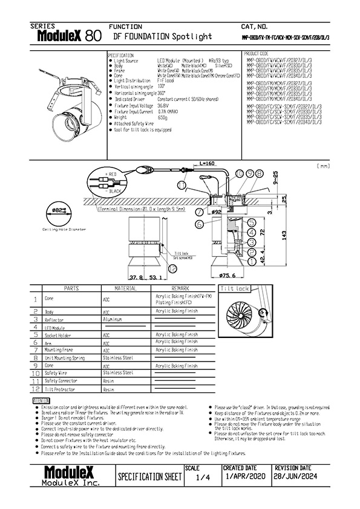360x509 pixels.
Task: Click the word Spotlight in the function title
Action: (x=192, y=37)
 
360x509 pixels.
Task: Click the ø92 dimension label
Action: (x=216, y=212)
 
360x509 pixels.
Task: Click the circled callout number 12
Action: (x=172, y=268)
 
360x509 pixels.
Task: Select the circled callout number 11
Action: (x=182, y=184)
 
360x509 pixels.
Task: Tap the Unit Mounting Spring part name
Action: (x=68, y=358)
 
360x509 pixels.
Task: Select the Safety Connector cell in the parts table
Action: (x=62, y=381)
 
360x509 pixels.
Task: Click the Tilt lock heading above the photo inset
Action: (x=235, y=289)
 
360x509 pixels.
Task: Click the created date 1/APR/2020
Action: (x=245, y=478)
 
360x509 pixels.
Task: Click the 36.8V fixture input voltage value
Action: (x=163, y=105)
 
